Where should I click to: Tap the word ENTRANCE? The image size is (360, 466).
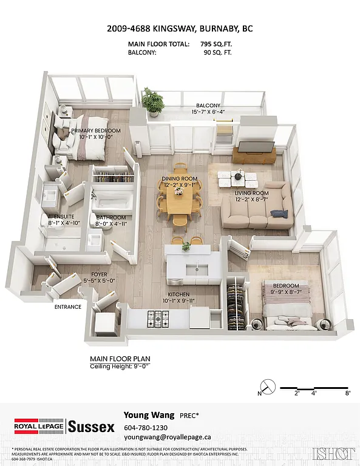point(67,307)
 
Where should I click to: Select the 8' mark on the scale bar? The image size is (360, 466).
point(348,393)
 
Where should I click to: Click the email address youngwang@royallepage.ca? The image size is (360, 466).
point(167,436)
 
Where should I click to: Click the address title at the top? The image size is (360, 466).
point(180,27)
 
